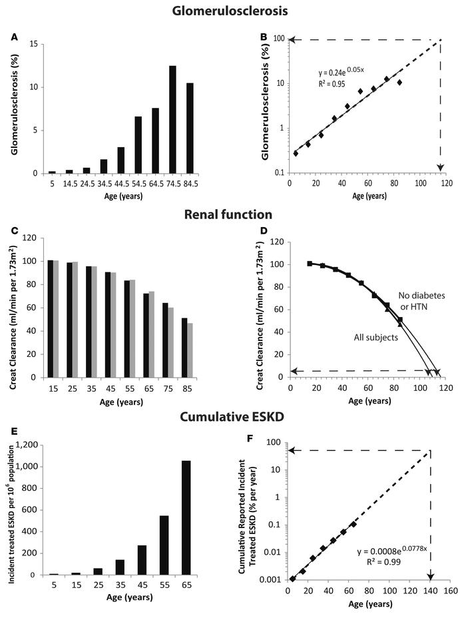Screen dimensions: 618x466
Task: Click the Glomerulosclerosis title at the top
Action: [x=233, y=11]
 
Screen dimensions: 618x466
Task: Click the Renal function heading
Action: [x=233, y=215]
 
